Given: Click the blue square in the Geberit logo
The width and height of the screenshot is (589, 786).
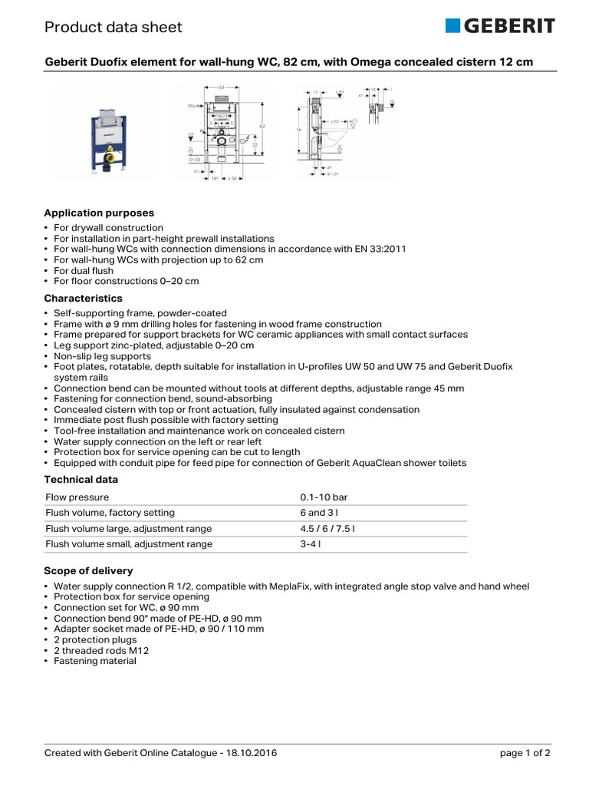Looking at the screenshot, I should (452, 27).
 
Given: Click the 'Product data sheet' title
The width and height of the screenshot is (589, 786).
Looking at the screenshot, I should (114, 28).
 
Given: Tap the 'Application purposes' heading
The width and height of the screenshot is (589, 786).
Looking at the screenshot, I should (99, 213).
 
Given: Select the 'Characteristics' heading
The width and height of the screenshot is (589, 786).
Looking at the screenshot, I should (83, 298).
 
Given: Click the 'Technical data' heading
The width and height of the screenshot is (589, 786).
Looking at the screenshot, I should (81, 479).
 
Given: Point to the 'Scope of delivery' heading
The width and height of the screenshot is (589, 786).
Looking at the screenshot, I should (88, 571).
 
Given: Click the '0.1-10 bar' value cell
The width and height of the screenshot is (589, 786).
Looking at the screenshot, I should (324, 497).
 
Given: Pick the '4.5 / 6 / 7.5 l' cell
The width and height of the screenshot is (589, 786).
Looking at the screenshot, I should (327, 529).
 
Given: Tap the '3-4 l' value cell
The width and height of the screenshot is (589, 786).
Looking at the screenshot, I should (311, 544).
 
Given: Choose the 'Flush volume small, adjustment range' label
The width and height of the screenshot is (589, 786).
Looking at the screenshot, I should (129, 544).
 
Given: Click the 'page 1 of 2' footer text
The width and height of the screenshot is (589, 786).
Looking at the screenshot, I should (525, 753).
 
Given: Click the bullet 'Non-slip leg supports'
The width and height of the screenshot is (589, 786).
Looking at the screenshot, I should (102, 356).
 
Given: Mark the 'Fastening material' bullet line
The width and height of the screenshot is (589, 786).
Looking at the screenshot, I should (94, 661).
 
